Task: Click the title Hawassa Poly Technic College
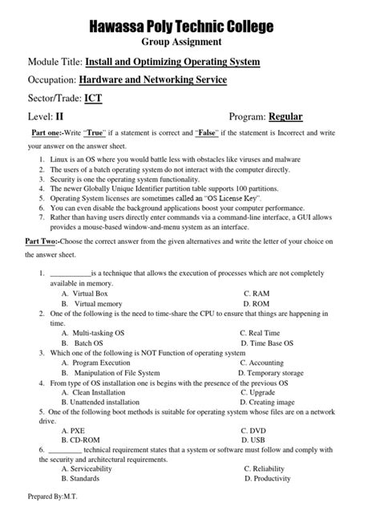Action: click(190, 27)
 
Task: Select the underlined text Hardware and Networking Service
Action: click(152, 80)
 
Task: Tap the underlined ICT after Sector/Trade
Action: click(92, 99)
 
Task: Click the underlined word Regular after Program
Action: click(285, 117)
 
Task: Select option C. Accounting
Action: click(266, 362)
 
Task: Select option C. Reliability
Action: click(269, 468)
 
